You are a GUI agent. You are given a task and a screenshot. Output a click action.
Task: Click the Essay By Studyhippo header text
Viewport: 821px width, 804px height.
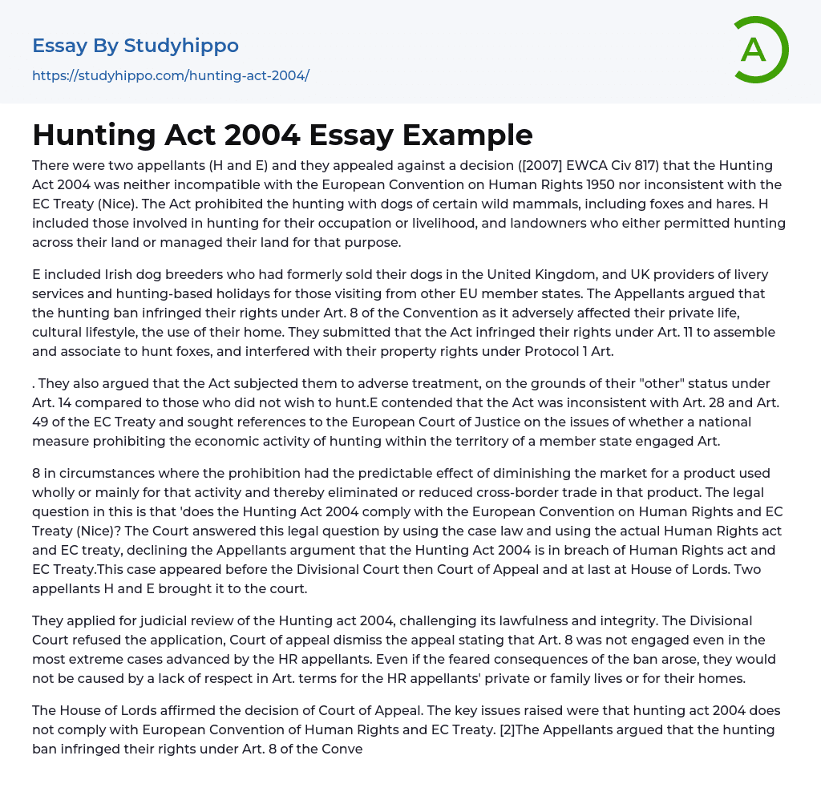135,46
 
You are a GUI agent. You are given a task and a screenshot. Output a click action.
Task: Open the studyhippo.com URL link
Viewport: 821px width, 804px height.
170,75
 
